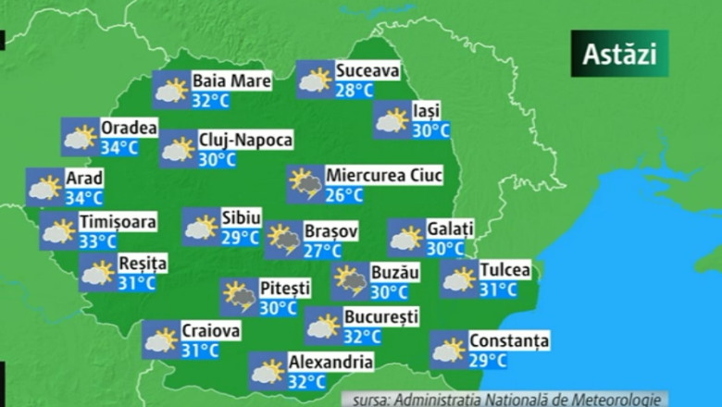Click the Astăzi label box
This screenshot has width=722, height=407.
pos(619,54)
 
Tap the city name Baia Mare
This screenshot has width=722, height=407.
pos(231,81)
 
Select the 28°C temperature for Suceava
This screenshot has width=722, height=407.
pos(355,90)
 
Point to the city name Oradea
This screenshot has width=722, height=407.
pos(129,128)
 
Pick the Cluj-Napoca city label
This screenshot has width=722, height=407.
pos(245,140)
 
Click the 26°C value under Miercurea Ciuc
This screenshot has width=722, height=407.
pos(343,194)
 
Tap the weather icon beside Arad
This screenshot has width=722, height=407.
pos(44,188)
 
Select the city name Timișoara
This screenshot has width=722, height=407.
pos(117,222)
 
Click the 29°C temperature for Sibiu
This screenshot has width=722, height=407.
pos(240,237)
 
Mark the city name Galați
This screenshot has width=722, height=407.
pos(450,228)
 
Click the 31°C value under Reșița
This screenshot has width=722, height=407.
pos(136,283)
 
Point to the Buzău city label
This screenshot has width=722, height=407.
pos(395,273)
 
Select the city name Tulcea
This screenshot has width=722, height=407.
pos(504,270)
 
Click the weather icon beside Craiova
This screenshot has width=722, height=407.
pos(160,340)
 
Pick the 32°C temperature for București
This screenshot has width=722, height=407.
pos(362,337)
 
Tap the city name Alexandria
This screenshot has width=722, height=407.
pos(330,362)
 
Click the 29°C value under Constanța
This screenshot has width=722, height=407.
pos(488,360)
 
